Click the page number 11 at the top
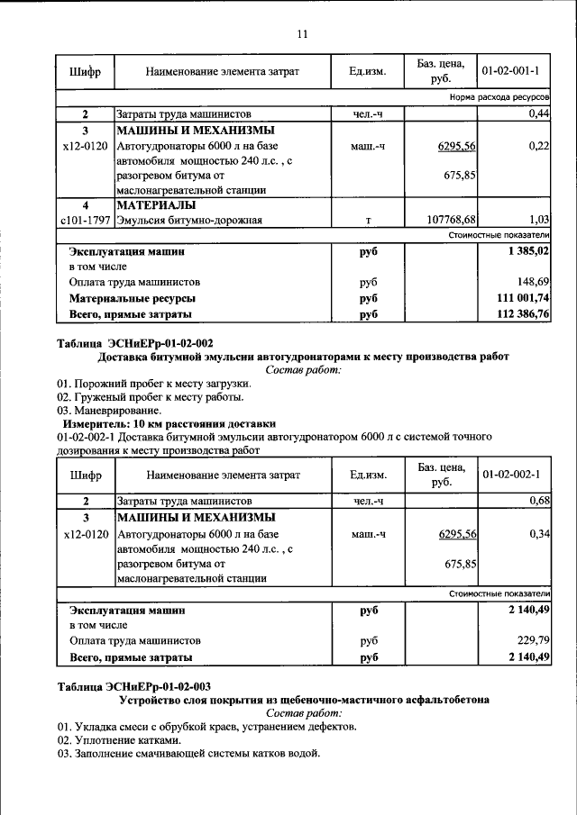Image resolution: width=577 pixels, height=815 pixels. click(302, 34)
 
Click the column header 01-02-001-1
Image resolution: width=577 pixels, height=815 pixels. click(510, 70)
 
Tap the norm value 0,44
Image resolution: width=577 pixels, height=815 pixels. click(539, 114)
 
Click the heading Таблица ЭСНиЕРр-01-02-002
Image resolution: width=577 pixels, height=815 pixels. click(135, 343)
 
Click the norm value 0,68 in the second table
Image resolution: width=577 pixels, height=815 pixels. click(539, 501)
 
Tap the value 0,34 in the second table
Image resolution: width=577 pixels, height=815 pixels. click(539, 534)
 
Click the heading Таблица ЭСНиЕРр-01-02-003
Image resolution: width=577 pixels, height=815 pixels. click(135, 686)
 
